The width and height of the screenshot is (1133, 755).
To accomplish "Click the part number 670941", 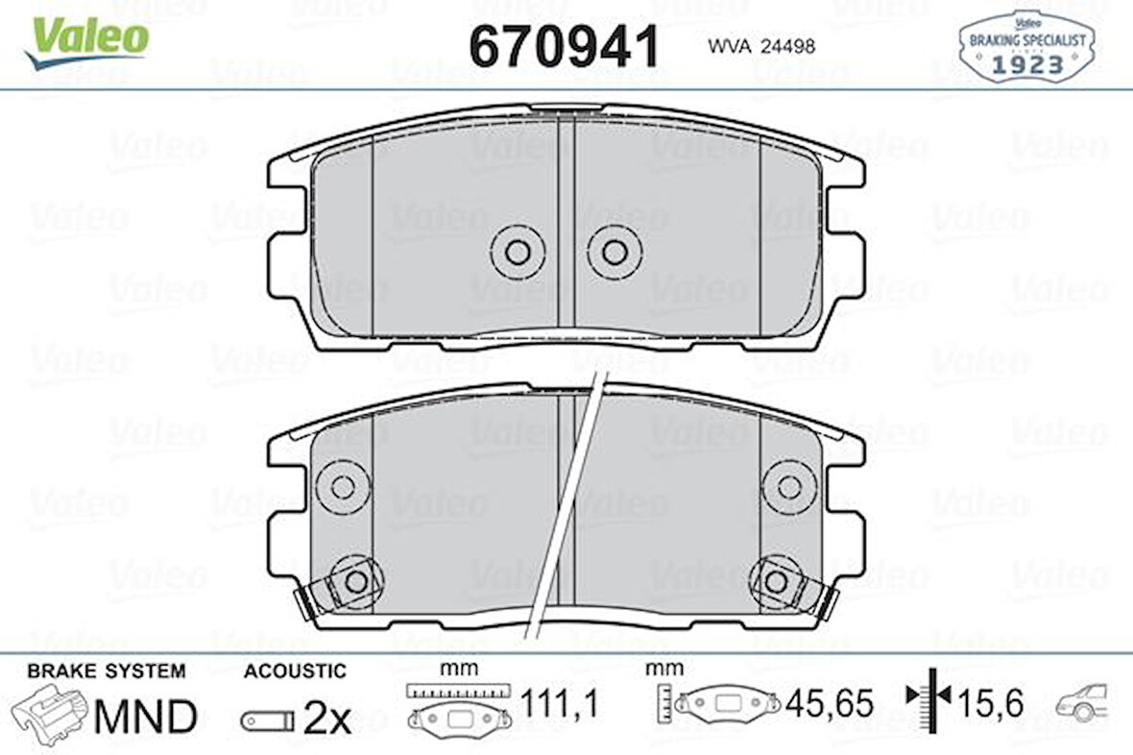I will coord(565,45).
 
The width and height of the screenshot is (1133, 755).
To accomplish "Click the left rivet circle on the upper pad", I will coord(518,252).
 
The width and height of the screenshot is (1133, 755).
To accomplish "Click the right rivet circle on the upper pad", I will coord(615,252).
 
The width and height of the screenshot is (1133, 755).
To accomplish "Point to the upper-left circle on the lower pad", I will coord(343,486).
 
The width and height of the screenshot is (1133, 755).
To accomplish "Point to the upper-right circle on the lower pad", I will coord(789,486).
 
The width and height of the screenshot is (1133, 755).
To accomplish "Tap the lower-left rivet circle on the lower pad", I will coord(356,581).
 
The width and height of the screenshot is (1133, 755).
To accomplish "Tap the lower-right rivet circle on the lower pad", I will coord(776,581).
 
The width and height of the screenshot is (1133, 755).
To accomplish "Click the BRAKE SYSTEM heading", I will coord(107,670).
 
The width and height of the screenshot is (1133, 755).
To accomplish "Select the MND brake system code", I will coord(145,716).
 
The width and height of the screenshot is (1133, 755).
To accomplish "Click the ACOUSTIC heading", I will coord(295,670).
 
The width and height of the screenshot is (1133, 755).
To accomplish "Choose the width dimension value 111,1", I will coord(559,704).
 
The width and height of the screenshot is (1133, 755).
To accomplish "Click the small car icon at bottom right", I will coord(1082,703).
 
